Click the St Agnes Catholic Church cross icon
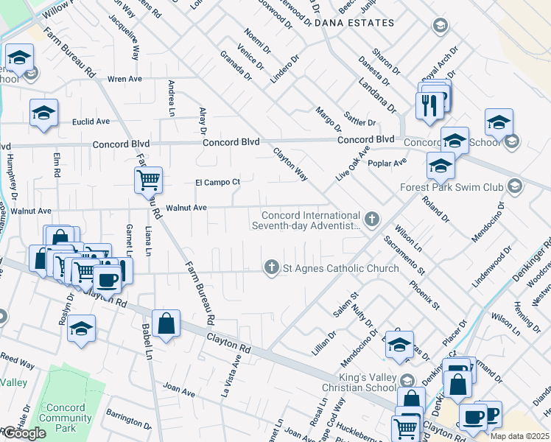click(x=272, y=267)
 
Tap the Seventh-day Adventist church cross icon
click(x=373, y=219)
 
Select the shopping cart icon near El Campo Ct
click(x=148, y=178)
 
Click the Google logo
click(x=24, y=433)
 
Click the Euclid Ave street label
click(x=90, y=122)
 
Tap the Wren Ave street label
click(x=124, y=77)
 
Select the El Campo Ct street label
click(x=217, y=182)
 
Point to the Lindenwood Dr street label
click(x=491, y=268)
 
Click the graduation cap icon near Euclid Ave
click(x=43, y=113)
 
